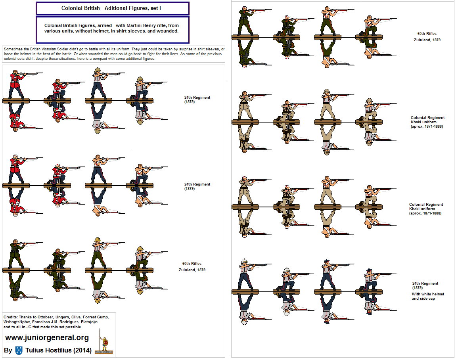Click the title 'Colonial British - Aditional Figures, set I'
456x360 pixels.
111,8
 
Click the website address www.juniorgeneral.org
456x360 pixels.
47,338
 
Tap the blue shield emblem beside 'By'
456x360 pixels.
19,350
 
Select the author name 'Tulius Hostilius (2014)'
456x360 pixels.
58,350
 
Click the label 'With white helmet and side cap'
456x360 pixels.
428,296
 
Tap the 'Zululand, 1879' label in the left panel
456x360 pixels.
192,270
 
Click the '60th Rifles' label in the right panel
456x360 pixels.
427,34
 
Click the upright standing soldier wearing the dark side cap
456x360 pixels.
327,274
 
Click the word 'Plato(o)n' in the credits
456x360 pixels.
89,322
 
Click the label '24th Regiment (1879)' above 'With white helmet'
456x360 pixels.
425,285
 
